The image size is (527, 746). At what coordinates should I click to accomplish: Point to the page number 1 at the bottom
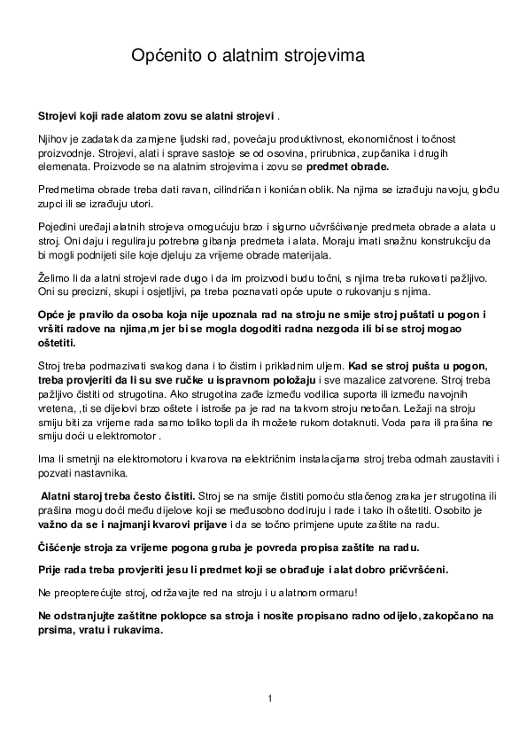(269, 699)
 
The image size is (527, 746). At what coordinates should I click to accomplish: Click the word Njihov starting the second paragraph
(53, 139)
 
